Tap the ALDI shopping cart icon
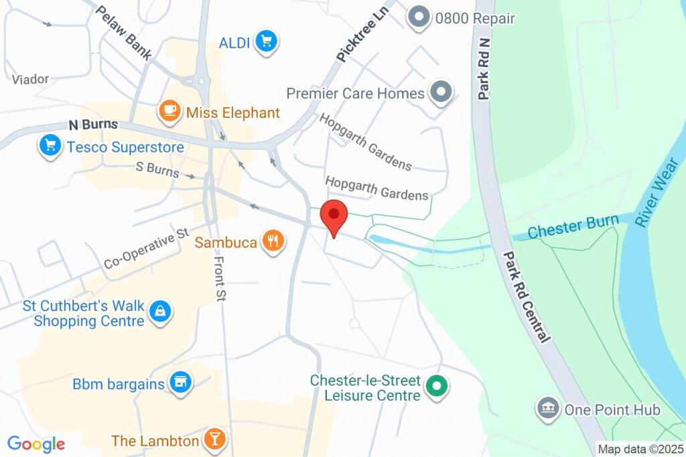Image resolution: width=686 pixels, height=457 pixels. pyautogui.click(x=267, y=43)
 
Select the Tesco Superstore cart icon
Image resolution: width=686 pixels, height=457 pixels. pyautogui.click(x=50, y=147)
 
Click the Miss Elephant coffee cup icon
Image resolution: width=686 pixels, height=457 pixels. pyautogui.click(x=169, y=112)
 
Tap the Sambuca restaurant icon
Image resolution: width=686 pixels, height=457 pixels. pyautogui.click(x=273, y=242)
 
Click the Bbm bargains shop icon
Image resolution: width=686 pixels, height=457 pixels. pyautogui.click(x=180, y=383)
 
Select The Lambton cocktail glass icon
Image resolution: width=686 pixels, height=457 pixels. pyautogui.click(x=215, y=440)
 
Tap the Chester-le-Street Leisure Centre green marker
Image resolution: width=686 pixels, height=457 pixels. pyautogui.click(x=437, y=387)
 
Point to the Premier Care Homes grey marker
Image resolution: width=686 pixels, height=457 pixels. pyautogui.click(x=441, y=92)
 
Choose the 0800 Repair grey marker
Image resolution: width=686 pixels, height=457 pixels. pyautogui.click(x=419, y=18)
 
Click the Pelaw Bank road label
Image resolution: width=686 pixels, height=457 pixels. pyautogui.click(x=124, y=33)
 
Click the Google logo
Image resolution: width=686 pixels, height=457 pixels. pyautogui.click(x=36, y=443)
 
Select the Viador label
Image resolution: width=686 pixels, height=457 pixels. pyautogui.click(x=30, y=79)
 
